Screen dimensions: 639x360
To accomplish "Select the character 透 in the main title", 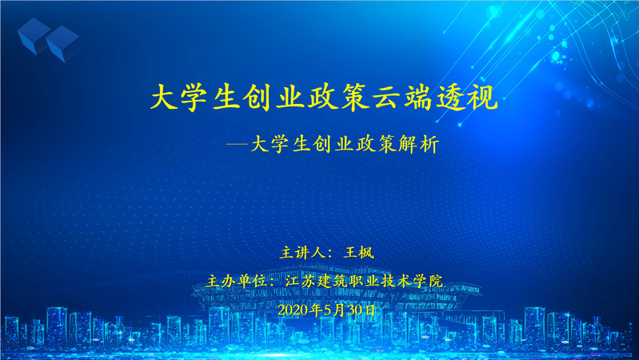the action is coord(450,97).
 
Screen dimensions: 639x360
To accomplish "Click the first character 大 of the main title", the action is coord(165,97).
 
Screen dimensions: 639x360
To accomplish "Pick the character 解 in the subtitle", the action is coord(409,144).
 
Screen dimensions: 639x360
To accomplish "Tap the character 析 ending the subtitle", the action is coord(429,144).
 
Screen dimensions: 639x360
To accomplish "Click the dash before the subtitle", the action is coord(238,144).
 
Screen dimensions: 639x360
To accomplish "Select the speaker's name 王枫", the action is coord(359,253).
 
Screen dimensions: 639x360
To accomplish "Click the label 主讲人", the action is coord(302,253).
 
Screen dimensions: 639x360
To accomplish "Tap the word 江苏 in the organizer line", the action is coord(301,282).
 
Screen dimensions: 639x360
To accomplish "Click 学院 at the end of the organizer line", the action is coord(428,282).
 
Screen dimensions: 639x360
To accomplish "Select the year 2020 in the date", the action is coord(293,310).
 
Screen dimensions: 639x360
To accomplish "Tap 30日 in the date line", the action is coord(361,310).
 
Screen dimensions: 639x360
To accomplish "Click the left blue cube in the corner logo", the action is coord(34,36).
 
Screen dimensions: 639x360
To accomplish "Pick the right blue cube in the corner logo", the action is coord(63,44).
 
